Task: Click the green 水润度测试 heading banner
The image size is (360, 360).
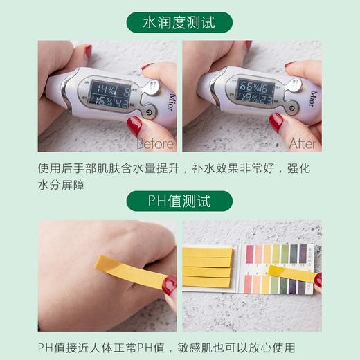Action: (179, 22)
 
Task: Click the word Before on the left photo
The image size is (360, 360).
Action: (155, 144)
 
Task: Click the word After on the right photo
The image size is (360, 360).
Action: (303, 144)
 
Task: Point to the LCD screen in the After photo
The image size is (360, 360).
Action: (255, 91)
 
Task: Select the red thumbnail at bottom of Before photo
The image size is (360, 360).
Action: (134, 125)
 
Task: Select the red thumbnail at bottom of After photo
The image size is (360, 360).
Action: (276, 122)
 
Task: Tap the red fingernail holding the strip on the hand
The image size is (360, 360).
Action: (169, 285)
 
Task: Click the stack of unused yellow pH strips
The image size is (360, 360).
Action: (207, 267)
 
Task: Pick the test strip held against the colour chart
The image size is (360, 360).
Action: (291, 273)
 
